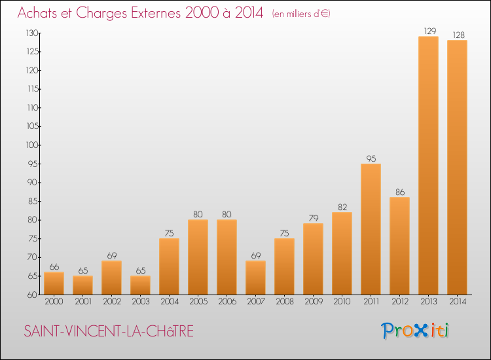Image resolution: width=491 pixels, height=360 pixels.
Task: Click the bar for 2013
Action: coord(428,165)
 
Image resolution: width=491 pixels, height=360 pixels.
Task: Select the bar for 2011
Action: coord(371,228)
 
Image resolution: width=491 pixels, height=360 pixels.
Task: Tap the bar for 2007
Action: coord(255,278)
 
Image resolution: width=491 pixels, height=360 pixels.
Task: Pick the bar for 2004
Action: coord(169,266)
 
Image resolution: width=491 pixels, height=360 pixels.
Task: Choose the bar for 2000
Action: coord(54,283)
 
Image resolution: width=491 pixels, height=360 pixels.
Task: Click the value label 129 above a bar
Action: coord(428,31)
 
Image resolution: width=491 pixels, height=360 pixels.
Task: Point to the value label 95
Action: coord(371,158)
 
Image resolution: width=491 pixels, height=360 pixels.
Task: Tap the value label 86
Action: coord(399,192)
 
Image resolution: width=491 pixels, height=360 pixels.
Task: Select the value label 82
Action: coord(342,207)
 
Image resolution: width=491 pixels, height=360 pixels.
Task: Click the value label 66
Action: coord(54,266)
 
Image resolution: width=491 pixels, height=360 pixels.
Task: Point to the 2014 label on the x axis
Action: coord(457,302)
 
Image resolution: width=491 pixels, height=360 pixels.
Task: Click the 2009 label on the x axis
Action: coord(313,302)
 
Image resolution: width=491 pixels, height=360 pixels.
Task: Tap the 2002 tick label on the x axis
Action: coord(111,302)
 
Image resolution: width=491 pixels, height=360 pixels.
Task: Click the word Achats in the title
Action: coord(40,12)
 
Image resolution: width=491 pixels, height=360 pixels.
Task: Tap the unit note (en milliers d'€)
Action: coord(300,14)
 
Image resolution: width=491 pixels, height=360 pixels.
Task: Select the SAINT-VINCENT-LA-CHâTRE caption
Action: coord(109,331)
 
